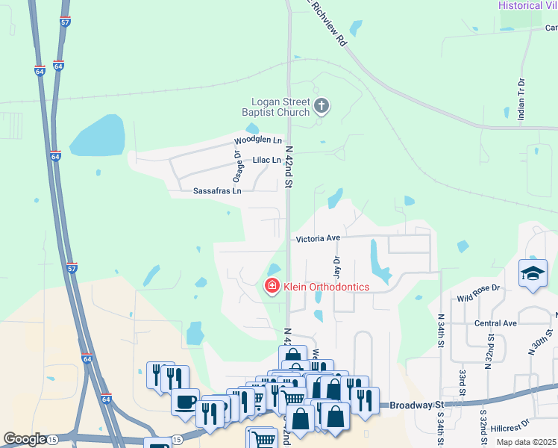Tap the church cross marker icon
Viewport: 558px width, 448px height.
(322, 106)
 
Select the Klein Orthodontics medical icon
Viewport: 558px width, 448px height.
(272, 285)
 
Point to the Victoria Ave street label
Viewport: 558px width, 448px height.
(318, 238)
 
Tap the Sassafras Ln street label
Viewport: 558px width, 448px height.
(217, 191)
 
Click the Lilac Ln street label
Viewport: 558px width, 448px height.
(266, 160)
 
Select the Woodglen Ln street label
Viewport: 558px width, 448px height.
(257, 140)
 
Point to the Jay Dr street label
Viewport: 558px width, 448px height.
(336, 262)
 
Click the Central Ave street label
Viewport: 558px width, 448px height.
(495, 323)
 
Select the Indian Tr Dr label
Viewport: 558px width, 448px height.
(521, 99)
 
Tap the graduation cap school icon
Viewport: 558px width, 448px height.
(533, 273)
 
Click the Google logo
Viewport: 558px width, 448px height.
(25, 439)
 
